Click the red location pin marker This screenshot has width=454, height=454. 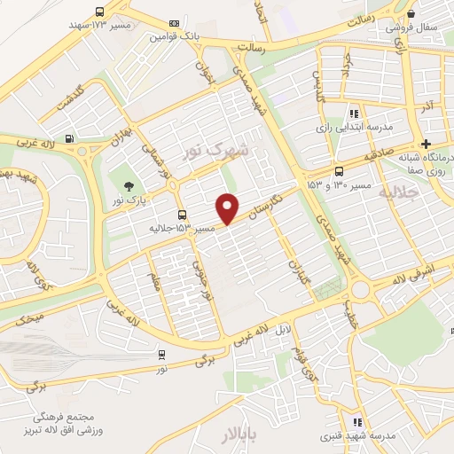click(229, 207)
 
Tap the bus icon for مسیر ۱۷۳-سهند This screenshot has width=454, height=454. click(100, 12)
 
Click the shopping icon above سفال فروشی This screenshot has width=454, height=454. click(410, 13)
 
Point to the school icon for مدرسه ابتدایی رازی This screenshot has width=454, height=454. click(353, 113)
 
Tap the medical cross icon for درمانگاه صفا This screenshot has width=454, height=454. click(427, 144)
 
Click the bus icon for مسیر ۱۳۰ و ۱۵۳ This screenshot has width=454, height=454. click(339, 172)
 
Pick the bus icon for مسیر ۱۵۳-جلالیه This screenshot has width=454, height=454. click(182, 215)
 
